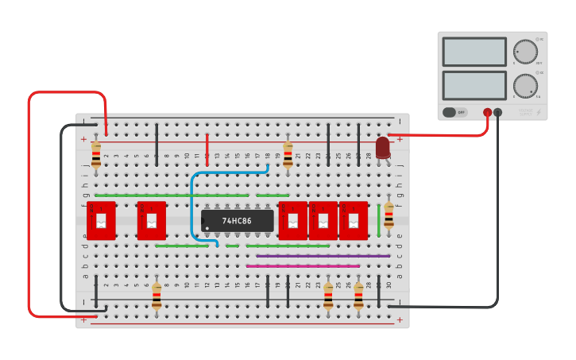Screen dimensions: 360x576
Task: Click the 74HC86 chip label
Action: (x=237, y=221)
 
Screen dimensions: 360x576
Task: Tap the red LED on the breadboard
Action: (x=383, y=147)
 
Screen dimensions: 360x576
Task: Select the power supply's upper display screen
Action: (x=474, y=52)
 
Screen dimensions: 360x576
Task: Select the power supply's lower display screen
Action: (x=474, y=85)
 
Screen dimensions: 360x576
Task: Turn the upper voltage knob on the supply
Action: (x=524, y=52)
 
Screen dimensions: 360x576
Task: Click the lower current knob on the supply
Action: (x=524, y=85)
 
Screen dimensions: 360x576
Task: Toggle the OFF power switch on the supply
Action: (x=455, y=112)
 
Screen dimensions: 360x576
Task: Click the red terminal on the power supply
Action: (x=488, y=113)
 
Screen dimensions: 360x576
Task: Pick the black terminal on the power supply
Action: (x=498, y=113)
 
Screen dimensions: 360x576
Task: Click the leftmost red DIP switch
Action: (x=101, y=221)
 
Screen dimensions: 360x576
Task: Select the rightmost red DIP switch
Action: (x=354, y=221)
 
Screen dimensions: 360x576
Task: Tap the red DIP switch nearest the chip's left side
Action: (x=152, y=221)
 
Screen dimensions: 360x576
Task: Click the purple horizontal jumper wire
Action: (x=323, y=256)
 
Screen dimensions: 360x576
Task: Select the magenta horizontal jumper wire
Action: (x=303, y=266)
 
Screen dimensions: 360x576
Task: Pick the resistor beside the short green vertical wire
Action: (x=389, y=215)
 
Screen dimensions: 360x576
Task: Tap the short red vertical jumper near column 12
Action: (x=207, y=148)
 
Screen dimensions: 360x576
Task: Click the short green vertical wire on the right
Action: (x=378, y=219)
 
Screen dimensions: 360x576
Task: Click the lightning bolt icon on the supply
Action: (x=538, y=112)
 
